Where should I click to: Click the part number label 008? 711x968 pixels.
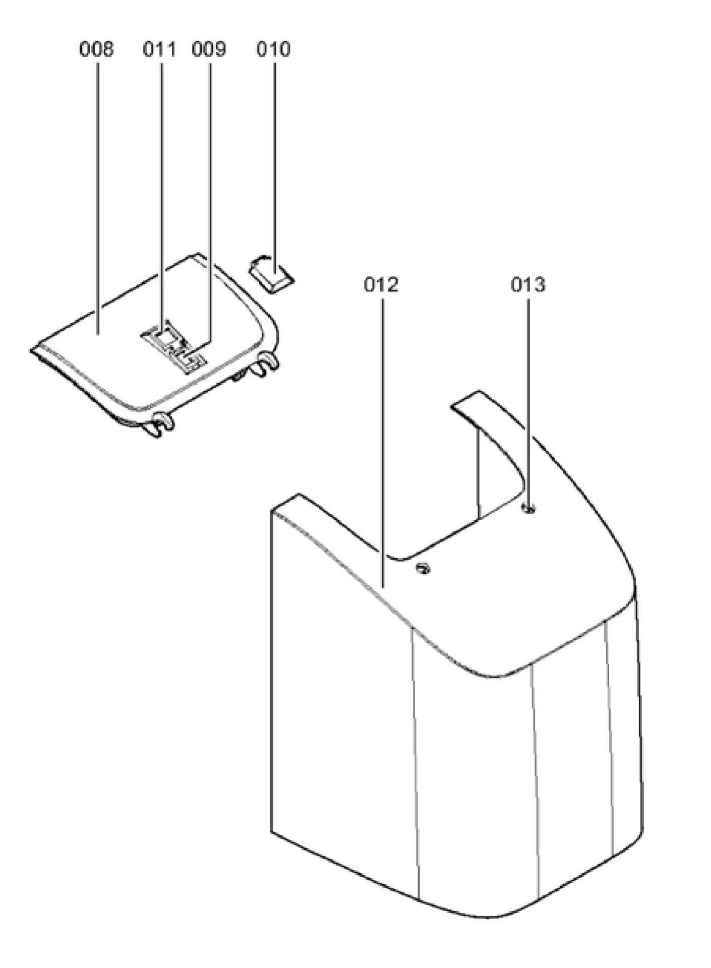pos(96,49)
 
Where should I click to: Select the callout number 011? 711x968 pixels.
pos(159,49)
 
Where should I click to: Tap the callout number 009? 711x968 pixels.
pos(209,49)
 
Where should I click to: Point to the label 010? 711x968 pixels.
pos(273,49)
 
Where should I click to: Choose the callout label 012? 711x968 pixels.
pos(381,285)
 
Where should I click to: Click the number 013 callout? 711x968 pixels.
pos(528,285)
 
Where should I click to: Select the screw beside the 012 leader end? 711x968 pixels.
pos(423,569)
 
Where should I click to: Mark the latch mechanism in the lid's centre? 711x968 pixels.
pos(173,346)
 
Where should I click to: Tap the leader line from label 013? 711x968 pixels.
pos(528,403)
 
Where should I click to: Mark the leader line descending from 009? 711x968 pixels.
pos(210,202)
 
